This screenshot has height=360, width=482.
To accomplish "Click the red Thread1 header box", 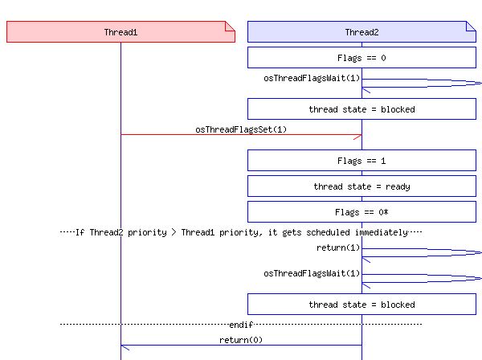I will click(x=120, y=32).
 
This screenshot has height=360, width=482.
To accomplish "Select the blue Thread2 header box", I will click(x=361, y=32).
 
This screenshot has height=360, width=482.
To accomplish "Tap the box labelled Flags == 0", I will click(x=361, y=58).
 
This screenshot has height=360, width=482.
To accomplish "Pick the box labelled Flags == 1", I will click(x=361, y=161).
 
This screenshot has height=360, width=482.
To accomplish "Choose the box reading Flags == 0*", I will click(x=361, y=212).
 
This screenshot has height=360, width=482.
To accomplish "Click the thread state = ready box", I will click(x=361, y=186).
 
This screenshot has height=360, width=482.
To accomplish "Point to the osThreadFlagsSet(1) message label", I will click(x=241, y=129).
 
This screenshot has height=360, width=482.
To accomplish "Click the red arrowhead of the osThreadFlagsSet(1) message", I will click(x=357, y=135).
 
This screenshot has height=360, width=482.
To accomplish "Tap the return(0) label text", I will click(x=241, y=340).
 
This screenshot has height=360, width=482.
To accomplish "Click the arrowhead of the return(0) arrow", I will click(x=125, y=347).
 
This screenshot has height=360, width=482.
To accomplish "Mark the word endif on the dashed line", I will click(x=241, y=325).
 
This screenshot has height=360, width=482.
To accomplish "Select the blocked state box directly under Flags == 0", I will click(x=361, y=109).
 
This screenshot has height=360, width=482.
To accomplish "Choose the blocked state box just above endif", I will click(x=361, y=305).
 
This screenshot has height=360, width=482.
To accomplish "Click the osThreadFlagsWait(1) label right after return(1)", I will click(x=312, y=273).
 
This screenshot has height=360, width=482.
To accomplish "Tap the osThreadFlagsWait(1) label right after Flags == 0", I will click(x=312, y=78).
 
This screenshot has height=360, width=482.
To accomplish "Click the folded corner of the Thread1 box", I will click(x=230, y=27).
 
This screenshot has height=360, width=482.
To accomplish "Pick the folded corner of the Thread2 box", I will click(x=471, y=27).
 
